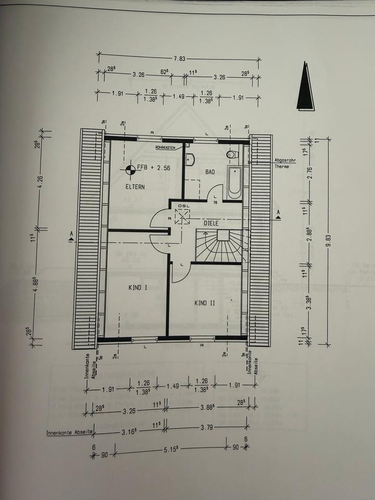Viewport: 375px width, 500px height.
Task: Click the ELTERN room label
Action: tap(134, 186)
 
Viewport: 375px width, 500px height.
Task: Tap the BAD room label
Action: tap(210, 172)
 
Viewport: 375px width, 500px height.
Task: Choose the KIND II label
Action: tap(205, 303)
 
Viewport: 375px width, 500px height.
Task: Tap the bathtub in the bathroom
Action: tap(234, 183)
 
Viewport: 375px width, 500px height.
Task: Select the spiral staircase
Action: tap(219, 247)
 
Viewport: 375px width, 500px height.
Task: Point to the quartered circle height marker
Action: tap(130, 168)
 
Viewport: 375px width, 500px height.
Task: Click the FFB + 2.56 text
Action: tap(154, 168)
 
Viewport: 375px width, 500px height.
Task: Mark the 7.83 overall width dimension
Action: tap(179, 58)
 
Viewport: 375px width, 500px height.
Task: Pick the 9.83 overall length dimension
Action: tap(329, 239)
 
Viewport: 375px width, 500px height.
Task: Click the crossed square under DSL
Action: tap(183, 216)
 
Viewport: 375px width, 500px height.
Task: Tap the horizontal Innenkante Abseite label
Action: tap(69, 432)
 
